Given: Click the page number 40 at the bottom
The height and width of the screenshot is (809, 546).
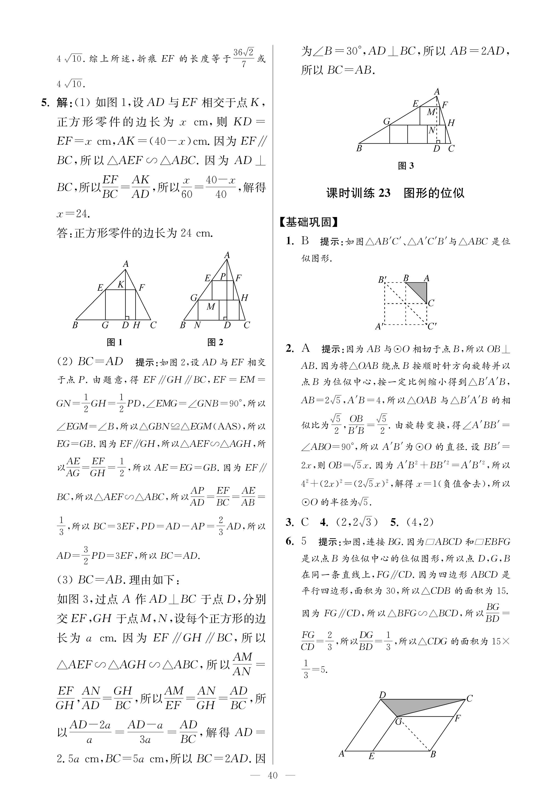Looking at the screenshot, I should [273, 775].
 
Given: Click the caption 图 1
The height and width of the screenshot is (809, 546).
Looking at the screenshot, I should [115, 342].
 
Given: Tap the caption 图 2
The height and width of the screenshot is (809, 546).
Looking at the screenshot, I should [215, 342].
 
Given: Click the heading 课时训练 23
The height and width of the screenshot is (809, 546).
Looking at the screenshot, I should [358, 193].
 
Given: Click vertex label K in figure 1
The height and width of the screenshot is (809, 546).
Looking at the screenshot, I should [121, 285].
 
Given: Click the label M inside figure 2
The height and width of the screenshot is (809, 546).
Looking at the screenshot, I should [211, 306].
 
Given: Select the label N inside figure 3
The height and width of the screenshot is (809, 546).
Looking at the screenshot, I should [432, 131].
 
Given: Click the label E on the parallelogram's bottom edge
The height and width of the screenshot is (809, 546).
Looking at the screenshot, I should [371, 756].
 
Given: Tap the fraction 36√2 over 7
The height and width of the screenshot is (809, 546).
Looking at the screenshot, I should [243, 58].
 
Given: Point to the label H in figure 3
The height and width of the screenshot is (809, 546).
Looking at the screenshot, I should [451, 123].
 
